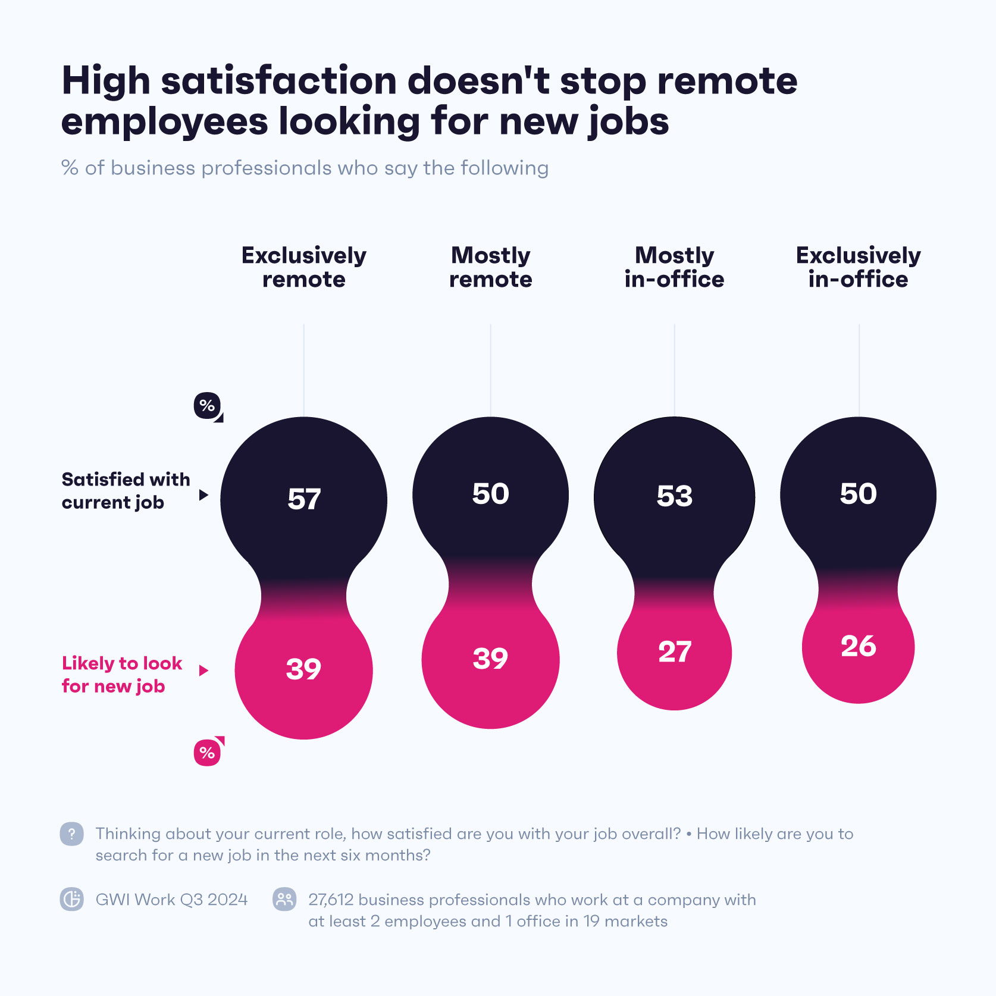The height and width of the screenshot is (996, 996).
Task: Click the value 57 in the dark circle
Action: [304, 499]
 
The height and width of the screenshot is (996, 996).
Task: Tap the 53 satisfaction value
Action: [674, 496]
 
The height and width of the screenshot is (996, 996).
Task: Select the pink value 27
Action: [674, 652]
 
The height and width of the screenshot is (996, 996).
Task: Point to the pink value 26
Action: [858, 646]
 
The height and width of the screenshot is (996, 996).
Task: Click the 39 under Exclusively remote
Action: [303, 669]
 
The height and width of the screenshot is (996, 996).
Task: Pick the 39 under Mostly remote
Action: [490, 659]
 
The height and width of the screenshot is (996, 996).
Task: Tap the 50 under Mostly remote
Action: [490, 494]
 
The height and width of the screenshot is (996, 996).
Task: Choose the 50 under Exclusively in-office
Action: [858, 494]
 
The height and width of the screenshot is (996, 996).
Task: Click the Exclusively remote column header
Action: [303, 267]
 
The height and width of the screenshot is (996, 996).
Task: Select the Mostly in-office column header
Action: [674, 267]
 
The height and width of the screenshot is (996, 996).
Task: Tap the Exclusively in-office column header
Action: [858, 267]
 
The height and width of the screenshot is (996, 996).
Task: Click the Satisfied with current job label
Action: [126, 491]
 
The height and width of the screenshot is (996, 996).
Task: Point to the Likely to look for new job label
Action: [121, 675]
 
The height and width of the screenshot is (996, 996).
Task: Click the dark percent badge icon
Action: [207, 406]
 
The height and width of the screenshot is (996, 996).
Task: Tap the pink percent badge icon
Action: [207, 753]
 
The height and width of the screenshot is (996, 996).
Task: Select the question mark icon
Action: [71, 834]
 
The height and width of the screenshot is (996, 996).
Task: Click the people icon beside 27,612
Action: [284, 899]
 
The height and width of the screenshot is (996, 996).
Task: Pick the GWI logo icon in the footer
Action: [71, 899]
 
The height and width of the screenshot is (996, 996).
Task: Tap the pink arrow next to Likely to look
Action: [203, 671]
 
